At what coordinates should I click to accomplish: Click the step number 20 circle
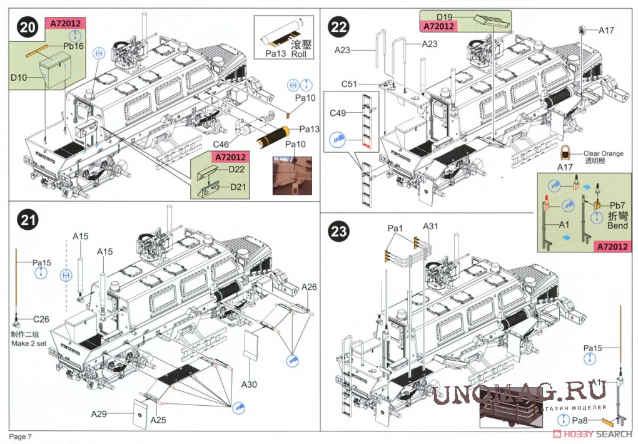[x=27, y=28]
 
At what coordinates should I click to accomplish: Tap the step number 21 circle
[x=27, y=220]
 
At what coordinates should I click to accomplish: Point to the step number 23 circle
[x=339, y=231]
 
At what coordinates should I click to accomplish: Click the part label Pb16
[x=73, y=46]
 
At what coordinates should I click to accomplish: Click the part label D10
[x=19, y=77]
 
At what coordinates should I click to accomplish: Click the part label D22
[x=236, y=170]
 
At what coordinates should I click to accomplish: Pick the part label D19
[x=444, y=17]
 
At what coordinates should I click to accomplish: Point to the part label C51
[x=349, y=84]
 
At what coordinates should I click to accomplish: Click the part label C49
[x=338, y=113]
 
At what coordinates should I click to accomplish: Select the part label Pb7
[x=617, y=205]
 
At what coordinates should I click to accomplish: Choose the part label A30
[x=249, y=385]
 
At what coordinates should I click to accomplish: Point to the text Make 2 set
[x=29, y=344]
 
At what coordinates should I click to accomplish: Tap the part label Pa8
[x=580, y=421]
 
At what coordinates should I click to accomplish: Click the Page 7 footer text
[x=20, y=436]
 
